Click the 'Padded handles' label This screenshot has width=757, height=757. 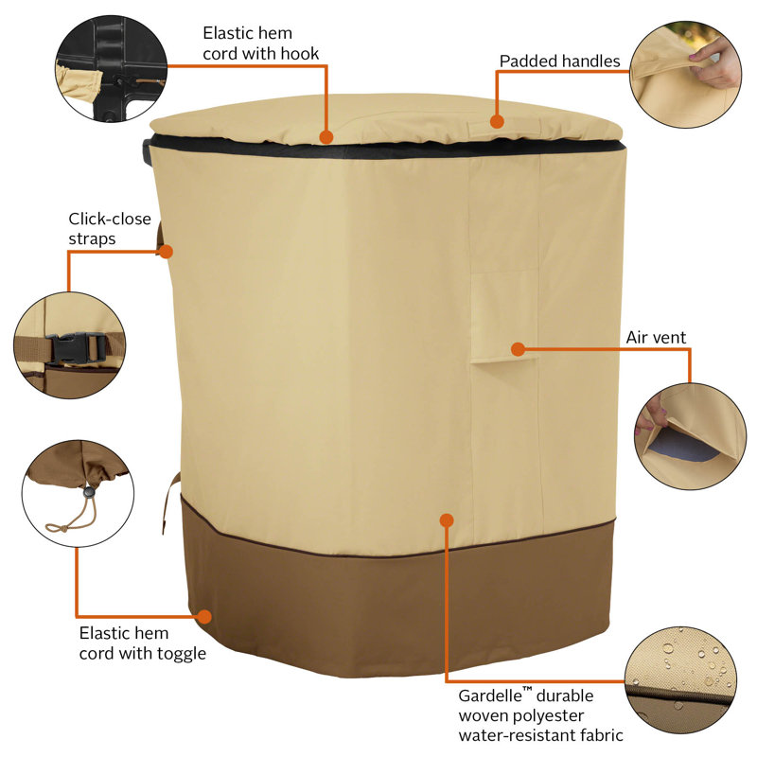pyautogui.click(x=559, y=62)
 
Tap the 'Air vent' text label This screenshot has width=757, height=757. pyautogui.click(x=656, y=338)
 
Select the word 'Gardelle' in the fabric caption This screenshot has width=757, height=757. pyautogui.click(x=490, y=695)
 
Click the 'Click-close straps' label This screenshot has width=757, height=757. pyautogui.click(x=110, y=229)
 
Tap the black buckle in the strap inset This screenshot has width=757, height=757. pyautogui.click(x=76, y=348)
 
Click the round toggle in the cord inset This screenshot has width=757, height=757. pyautogui.click(x=89, y=492)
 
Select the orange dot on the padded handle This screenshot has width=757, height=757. pyautogui.click(x=497, y=121)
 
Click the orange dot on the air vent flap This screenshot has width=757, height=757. pyautogui.click(x=518, y=349)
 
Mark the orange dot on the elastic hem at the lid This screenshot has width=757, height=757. pyautogui.click(x=326, y=137)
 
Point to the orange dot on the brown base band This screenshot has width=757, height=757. pyautogui.click(x=204, y=617)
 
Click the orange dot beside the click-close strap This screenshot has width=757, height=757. pyautogui.click(x=167, y=252)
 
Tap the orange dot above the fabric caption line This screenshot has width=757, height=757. pyautogui.click(x=447, y=519)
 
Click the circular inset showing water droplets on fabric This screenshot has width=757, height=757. pyautogui.click(x=680, y=680)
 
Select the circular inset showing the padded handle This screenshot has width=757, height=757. pyautogui.click(x=685, y=75)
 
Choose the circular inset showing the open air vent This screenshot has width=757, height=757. pyautogui.click(x=690, y=437)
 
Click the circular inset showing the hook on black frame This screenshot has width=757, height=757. pyautogui.click(x=111, y=68)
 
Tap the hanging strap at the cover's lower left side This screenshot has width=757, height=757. pyautogui.click(x=169, y=502)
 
